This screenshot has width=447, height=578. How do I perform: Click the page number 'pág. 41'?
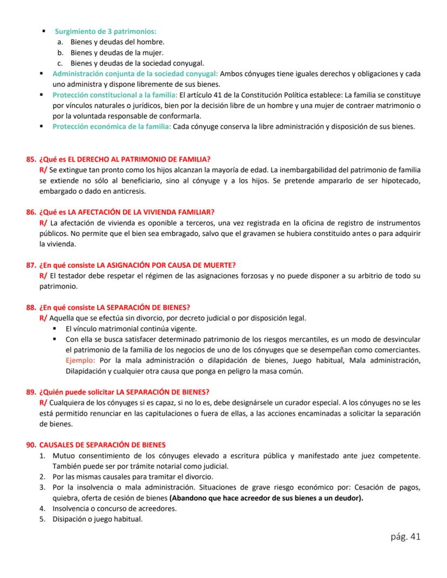[404, 536]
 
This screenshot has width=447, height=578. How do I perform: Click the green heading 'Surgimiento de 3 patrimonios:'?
[105, 32]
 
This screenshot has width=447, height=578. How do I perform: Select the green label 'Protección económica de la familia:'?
[111, 127]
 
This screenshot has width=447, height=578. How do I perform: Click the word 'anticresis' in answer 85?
[128, 191]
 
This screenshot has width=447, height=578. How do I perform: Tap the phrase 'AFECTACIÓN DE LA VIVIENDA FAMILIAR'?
[148, 212]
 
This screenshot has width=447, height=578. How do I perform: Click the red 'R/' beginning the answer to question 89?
[44, 403]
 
